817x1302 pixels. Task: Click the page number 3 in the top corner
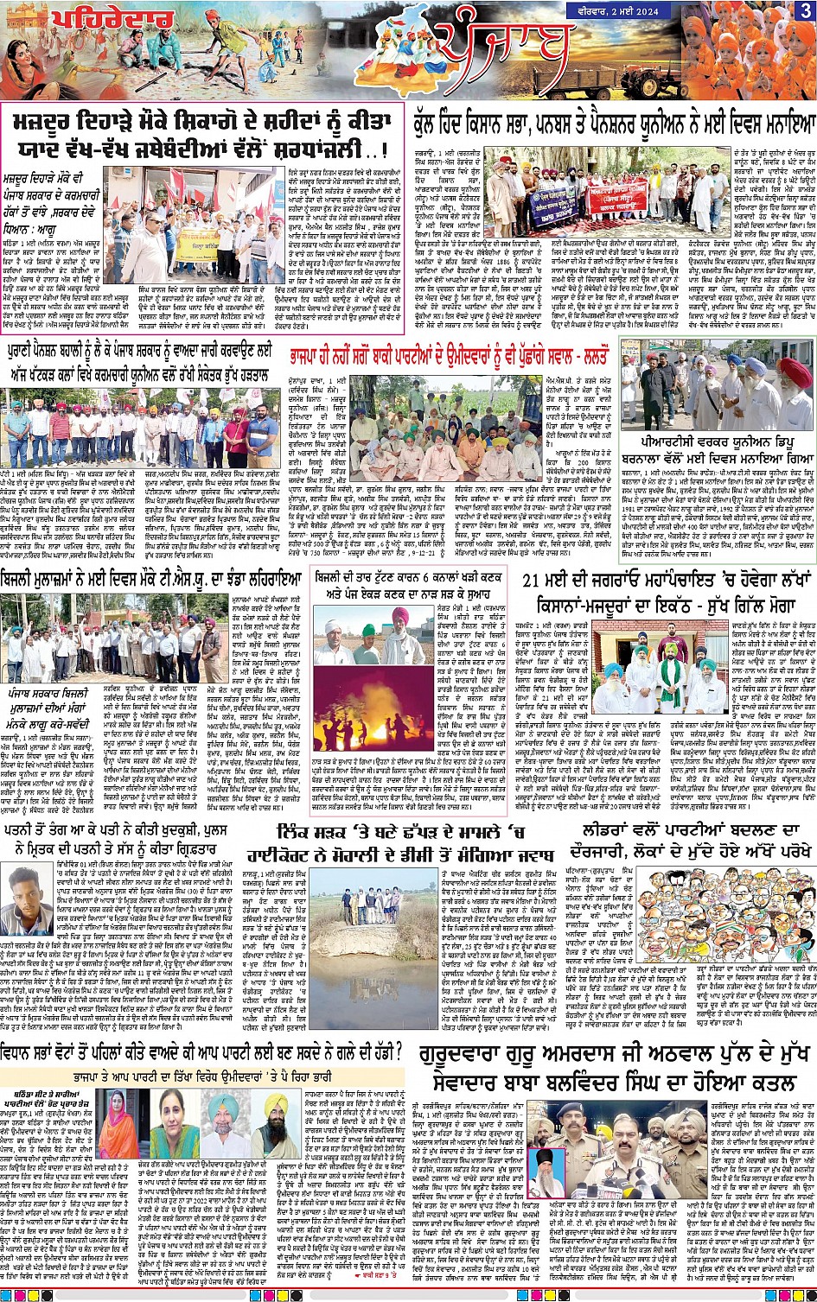[x=805, y=10]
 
